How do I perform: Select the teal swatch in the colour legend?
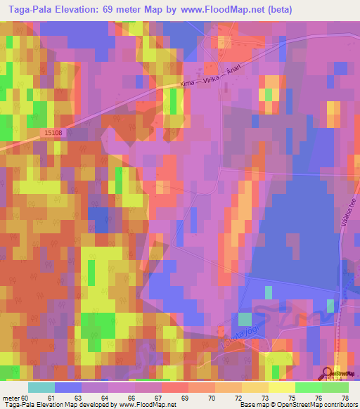click(x=41, y=387)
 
